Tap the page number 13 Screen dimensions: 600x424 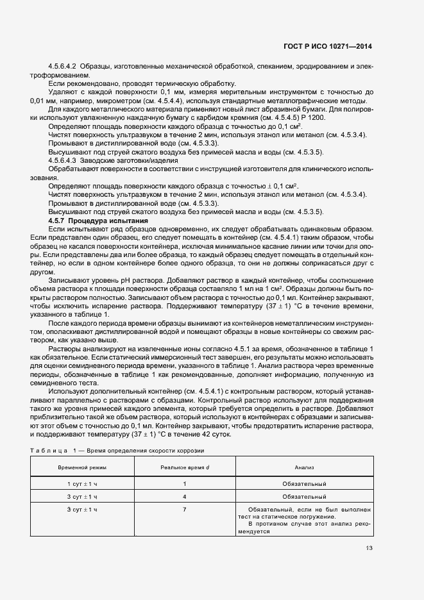pos(369,547)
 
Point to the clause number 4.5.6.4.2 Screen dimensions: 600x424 pos(63,67)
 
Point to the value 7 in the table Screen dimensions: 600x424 pos(185,509)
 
